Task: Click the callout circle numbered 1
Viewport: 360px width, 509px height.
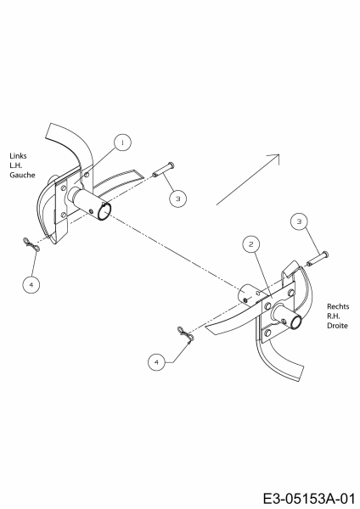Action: [122, 143]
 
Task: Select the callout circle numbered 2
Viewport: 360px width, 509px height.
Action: [250, 244]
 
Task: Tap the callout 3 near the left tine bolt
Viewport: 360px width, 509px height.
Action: [177, 199]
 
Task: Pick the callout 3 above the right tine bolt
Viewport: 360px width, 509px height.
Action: [299, 221]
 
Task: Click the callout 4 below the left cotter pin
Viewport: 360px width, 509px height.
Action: [31, 284]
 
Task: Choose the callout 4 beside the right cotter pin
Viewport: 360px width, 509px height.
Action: [156, 361]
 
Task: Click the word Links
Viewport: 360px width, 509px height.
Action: [18, 156]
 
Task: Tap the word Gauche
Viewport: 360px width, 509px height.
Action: [22, 175]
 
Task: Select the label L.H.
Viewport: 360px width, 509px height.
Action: [15, 165]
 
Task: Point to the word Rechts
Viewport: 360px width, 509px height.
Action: [338, 306]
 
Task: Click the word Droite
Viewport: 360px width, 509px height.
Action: [337, 325]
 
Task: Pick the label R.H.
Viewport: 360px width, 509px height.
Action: [334, 316]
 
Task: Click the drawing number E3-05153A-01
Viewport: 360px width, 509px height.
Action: [308, 498]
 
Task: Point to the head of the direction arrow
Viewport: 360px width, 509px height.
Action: [278, 155]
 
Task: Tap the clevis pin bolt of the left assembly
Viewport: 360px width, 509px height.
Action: [163, 170]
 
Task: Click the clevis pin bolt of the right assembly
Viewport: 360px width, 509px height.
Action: [317, 259]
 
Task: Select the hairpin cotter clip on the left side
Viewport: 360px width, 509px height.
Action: [31, 244]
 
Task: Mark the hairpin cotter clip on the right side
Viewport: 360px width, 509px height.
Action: [186, 334]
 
